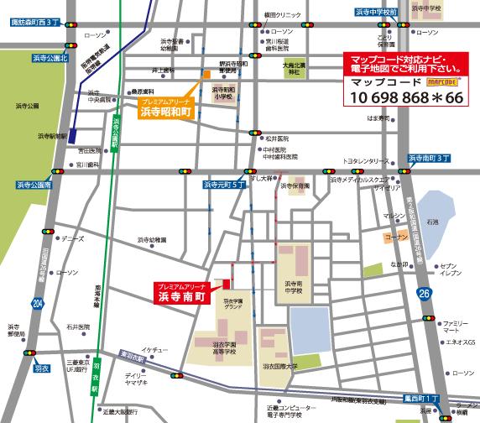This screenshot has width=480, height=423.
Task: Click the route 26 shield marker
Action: click(x=425, y=293)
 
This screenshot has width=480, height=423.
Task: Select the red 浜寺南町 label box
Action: click(x=183, y=292)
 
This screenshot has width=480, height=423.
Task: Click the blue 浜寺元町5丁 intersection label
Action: click(x=224, y=184)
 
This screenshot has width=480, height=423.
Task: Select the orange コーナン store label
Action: click(x=395, y=238)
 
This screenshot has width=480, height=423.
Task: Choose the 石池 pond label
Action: click(x=433, y=222)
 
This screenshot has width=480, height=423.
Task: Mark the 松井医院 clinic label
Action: click(x=276, y=138)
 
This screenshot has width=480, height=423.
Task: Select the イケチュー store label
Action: click(x=155, y=347)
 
